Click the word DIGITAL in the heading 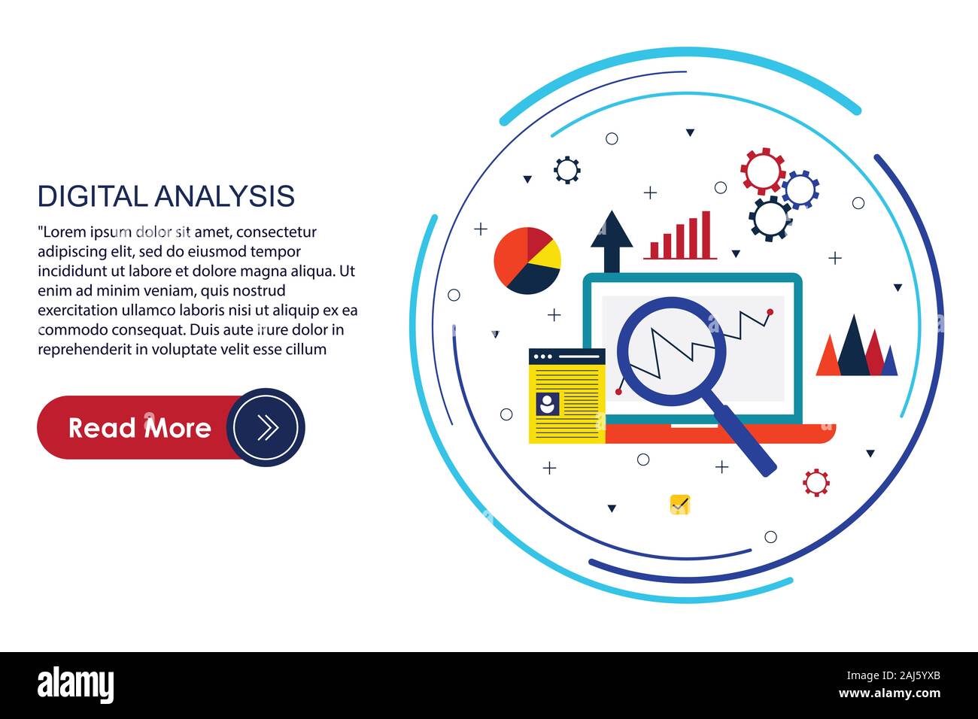[93, 196]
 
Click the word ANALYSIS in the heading [224, 196]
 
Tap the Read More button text [140, 428]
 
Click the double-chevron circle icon [266, 427]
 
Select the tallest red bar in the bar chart [706, 235]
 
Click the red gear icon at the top [762, 171]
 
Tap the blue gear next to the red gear [800, 189]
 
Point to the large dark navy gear [770, 218]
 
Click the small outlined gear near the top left [566, 170]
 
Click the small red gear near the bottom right [816, 482]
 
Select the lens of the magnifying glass [671, 350]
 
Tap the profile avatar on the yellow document [547, 404]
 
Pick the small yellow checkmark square [679, 505]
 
